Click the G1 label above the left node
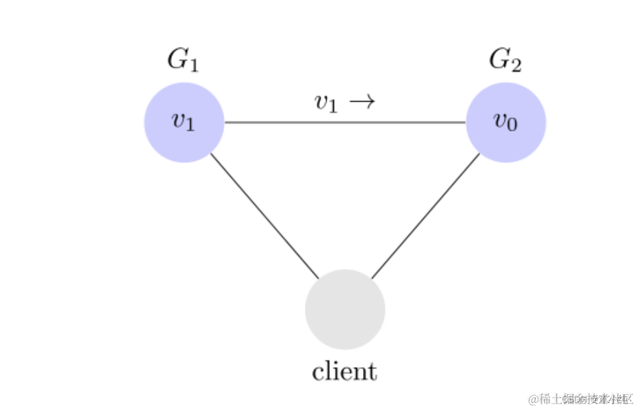[x=183, y=60]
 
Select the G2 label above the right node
[x=505, y=60]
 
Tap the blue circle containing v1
[x=184, y=123]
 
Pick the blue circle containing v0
[x=506, y=123]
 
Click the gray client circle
[x=345, y=309]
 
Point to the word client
[x=344, y=371]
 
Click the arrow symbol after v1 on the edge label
[x=362, y=102]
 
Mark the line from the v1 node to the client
[x=264, y=217]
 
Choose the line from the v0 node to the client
[x=425, y=217]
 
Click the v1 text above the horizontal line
[x=327, y=102]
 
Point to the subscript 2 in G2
[x=516, y=65]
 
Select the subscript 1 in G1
[x=194, y=65]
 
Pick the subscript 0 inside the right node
[x=512, y=125]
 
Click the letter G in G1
[x=177, y=59]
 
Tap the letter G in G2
[x=499, y=59]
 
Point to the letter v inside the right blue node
[x=500, y=120]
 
